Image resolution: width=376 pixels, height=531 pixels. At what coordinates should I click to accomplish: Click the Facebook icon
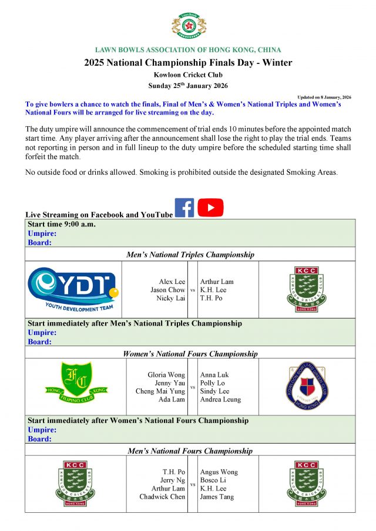pyautogui.click(x=184, y=208)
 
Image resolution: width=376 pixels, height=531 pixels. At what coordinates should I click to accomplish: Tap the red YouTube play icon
pyautogui.click(x=210, y=208)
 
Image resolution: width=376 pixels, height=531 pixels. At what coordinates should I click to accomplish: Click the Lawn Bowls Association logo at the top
pyautogui.click(x=188, y=26)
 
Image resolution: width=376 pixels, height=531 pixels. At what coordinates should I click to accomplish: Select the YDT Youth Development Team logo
pyautogui.click(x=73, y=289)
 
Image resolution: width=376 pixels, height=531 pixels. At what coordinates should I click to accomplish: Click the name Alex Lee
pyautogui.click(x=172, y=282)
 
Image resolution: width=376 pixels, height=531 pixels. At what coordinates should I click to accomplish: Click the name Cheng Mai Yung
pyautogui.click(x=160, y=391)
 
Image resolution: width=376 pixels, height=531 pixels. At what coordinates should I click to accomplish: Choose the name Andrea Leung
pyautogui.click(x=220, y=400)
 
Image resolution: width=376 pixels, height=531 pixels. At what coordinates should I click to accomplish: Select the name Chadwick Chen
pyautogui.click(x=162, y=497)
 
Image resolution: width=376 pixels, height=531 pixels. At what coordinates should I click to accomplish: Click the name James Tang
pyautogui.click(x=217, y=497)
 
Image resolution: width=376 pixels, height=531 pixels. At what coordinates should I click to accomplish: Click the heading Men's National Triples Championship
pyautogui.click(x=190, y=255)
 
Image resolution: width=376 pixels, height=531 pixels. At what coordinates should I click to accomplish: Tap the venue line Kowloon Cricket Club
pyautogui.click(x=188, y=75)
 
